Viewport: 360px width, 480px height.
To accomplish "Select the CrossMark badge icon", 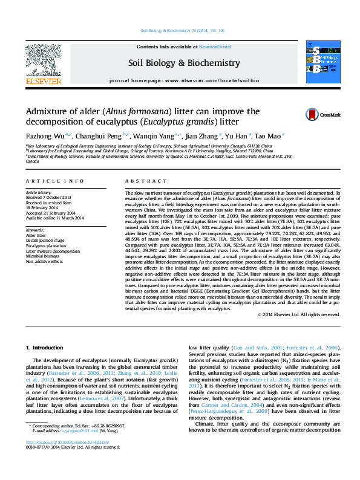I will (312, 114).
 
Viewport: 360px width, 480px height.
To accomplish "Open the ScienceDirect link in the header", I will (215, 47).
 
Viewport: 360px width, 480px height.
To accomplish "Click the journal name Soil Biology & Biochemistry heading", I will (183, 63).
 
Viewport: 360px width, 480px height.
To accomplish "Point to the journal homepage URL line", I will (183, 80).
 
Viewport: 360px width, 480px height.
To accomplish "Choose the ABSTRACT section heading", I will (141, 181).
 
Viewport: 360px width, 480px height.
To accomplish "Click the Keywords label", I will (36, 230).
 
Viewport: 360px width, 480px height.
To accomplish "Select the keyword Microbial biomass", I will (45, 256).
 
